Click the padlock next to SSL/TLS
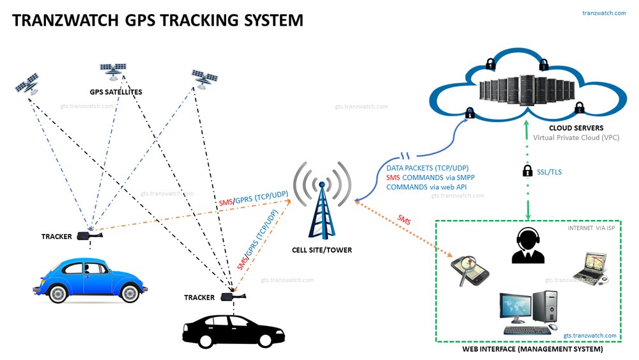coord(527,171)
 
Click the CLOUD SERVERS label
coord(558,129)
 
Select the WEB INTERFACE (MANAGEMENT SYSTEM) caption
coord(532,350)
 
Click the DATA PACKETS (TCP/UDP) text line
coord(427,168)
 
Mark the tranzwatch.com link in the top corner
coord(604,13)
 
